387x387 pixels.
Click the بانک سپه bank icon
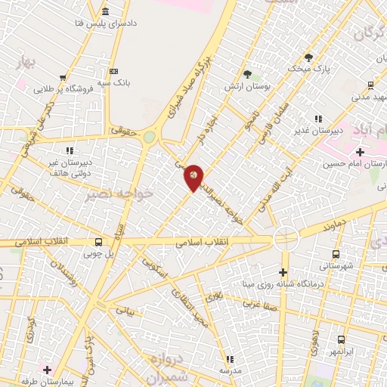(113, 70)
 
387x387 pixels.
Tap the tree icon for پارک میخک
(308, 57)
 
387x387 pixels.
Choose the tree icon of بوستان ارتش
(247, 73)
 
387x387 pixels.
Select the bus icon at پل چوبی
(98, 243)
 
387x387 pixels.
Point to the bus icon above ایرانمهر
(341, 340)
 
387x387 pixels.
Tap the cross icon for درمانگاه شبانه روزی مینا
(283, 272)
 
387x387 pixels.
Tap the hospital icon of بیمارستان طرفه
(47, 370)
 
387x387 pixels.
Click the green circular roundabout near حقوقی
(150, 138)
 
